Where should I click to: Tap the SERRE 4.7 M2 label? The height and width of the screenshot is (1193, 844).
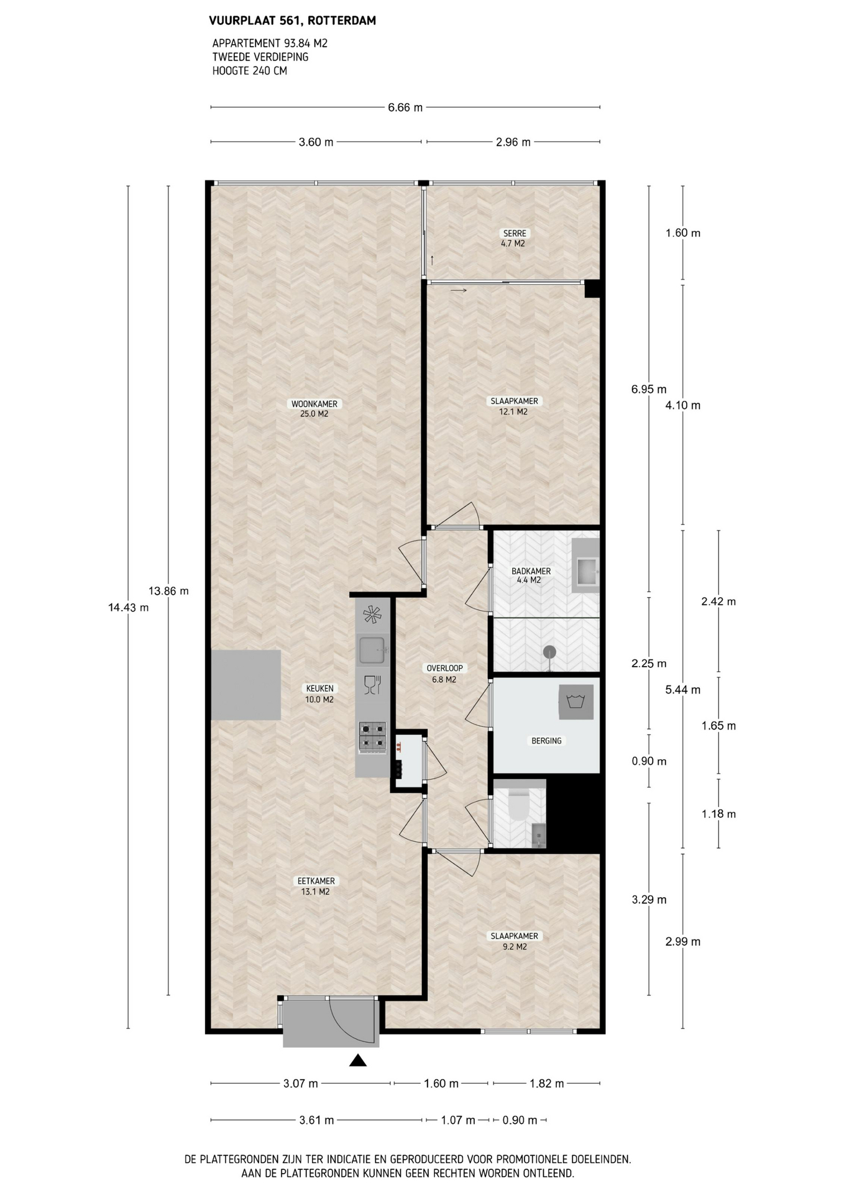[x=514, y=238]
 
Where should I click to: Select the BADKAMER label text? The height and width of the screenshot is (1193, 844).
[x=531, y=571]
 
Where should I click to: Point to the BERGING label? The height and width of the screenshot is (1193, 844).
[x=546, y=741]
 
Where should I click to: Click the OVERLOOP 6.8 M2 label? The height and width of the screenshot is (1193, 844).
[x=444, y=674]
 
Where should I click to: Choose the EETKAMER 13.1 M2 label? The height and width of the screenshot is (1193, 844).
[x=316, y=886]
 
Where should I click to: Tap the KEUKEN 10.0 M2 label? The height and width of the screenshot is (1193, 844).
[x=319, y=693]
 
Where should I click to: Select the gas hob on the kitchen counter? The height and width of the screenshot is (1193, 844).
[x=372, y=737]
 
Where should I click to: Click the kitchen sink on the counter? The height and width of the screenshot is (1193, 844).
[x=372, y=650]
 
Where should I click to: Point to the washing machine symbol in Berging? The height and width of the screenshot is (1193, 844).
[x=576, y=702]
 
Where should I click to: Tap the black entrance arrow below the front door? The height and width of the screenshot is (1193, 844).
[x=357, y=1060]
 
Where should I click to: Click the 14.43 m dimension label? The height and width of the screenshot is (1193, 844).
[x=129, y=608]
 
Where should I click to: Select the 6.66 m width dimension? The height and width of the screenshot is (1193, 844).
[x=405, y=107]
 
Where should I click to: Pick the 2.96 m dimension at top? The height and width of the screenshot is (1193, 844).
[x=513, y=142]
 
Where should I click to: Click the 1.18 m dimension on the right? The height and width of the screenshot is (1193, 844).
[x=718, y=814]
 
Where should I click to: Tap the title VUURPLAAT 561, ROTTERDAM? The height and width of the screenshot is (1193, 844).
[x=292, y=21]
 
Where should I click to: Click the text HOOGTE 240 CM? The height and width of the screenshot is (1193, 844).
[x=250, y=71]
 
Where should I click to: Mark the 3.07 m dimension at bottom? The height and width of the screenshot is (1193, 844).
[x=301, y=1084]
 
